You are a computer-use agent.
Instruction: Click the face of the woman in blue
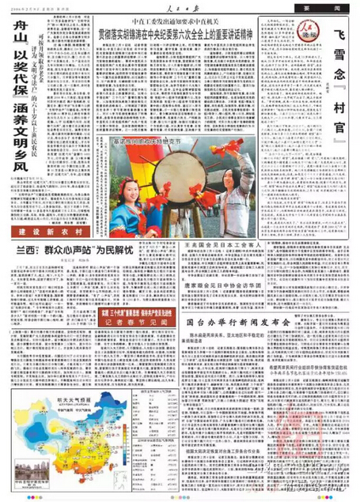pos(131,175)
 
